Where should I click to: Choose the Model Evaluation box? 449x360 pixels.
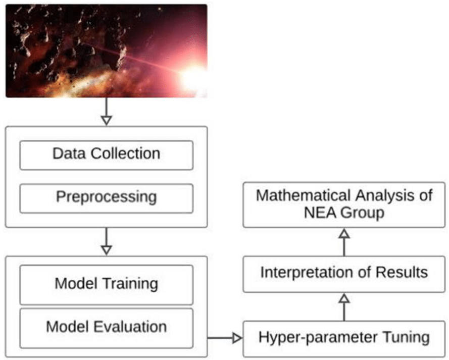106,327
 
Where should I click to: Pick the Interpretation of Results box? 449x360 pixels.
344,273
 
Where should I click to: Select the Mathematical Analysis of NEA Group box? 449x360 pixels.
344,204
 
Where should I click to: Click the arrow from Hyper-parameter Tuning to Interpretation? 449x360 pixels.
344,306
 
